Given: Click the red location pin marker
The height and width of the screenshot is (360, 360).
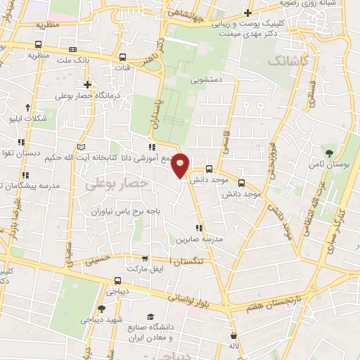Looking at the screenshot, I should point(181,165).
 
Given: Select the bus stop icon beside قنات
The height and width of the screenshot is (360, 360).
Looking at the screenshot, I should point(123,58).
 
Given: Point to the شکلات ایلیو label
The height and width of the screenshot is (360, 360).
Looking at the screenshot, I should point(27,117).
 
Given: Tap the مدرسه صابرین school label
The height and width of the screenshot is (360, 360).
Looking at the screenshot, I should point(203,239).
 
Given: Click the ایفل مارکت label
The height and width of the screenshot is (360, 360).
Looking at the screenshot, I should point(144,269).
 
